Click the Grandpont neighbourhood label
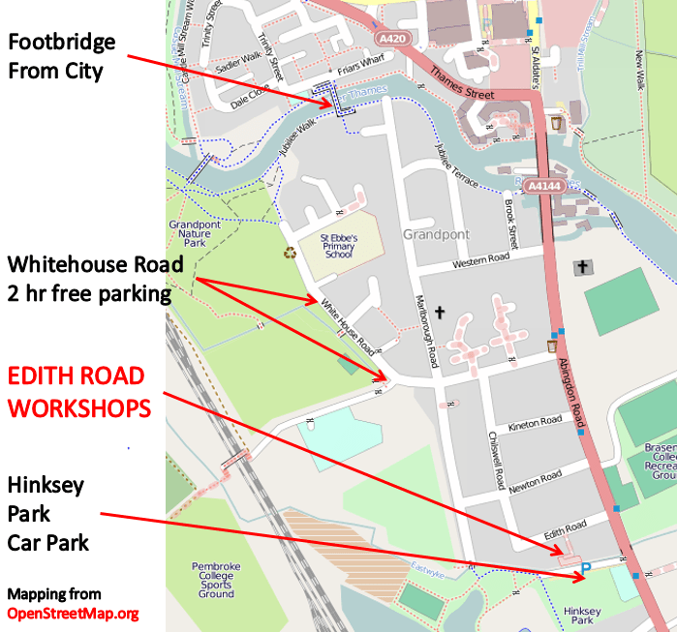pos(436,235)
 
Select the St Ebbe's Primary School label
pos(340,247)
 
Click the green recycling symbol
pos(290,253)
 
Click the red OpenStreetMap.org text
pos(73,613)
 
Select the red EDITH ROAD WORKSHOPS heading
pos(77,392)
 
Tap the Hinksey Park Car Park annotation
pos(48,513)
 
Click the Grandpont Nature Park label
pos(190,235)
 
